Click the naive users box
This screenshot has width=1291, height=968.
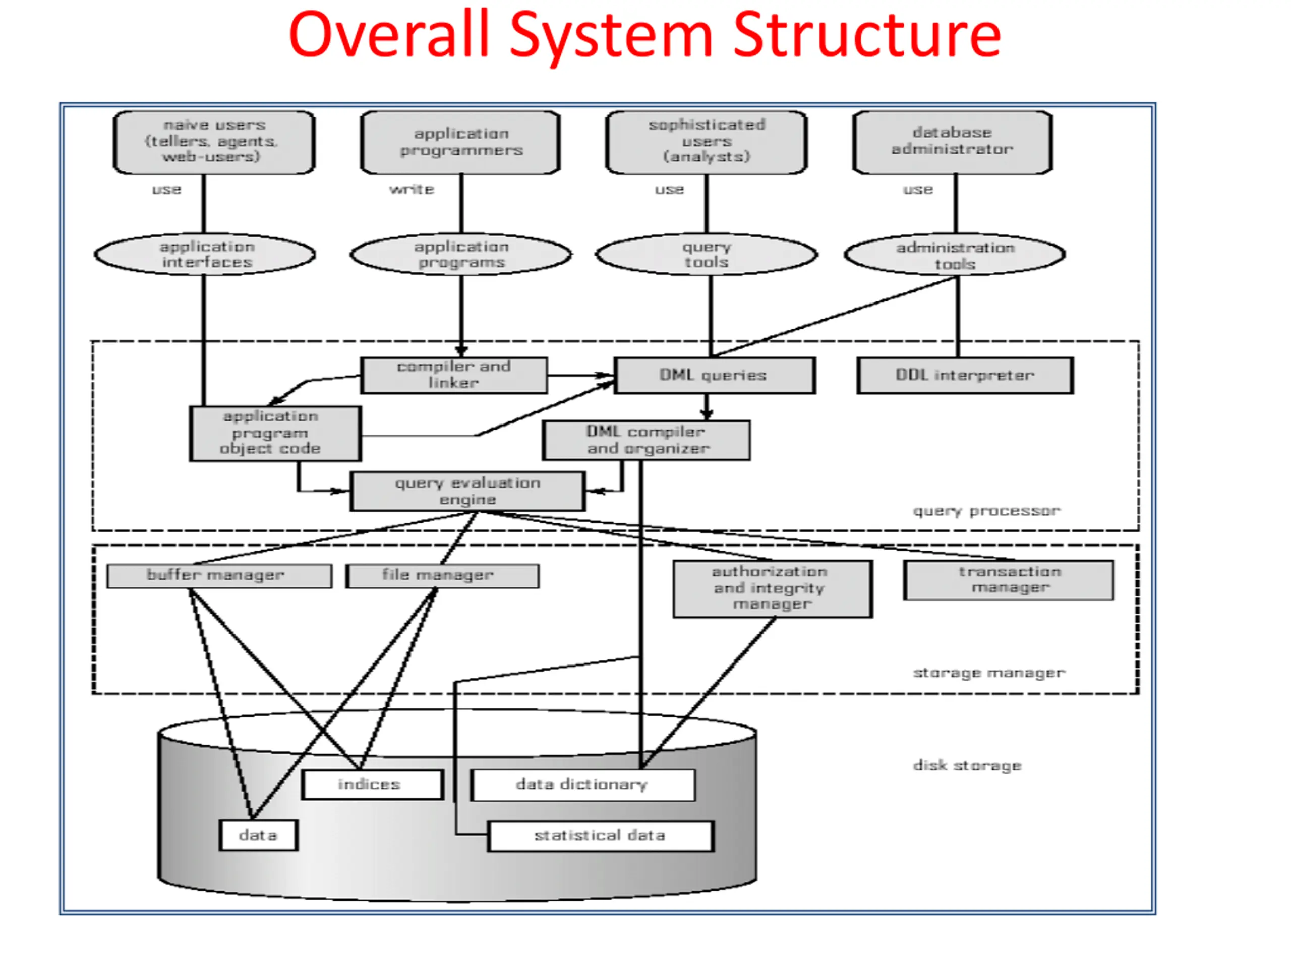[214, 142]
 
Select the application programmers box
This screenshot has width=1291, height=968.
[460, 142]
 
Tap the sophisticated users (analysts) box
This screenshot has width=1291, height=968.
[706, 142]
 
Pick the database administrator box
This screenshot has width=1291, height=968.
[953, 142]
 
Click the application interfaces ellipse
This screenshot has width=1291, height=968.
[205, 255]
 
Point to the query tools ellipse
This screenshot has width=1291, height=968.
[706, 255]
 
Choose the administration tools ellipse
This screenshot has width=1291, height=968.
[955, 255]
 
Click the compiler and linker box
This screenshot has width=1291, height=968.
[454, 375]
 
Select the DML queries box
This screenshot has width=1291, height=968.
[715, 375]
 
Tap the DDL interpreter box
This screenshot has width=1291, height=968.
[965, 375]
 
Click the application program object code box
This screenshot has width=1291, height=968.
[275, 434]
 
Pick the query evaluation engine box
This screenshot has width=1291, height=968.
[467, 491]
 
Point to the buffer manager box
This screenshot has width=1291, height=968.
[219, 576]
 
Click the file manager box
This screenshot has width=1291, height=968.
[442, 576]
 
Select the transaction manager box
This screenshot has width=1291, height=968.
[1009, 580]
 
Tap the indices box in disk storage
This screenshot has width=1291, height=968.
[372, 784]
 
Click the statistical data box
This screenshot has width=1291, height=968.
[601, 836]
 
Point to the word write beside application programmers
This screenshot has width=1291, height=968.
[412, 189]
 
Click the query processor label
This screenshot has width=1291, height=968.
[986, 511]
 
